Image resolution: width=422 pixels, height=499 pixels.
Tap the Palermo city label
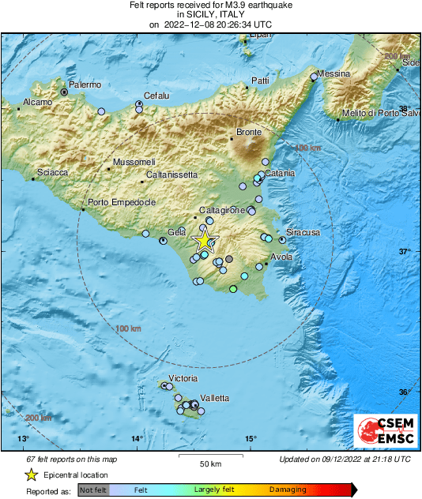click(x=85, y=84)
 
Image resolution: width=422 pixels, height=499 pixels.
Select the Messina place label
click(x=333, y=73)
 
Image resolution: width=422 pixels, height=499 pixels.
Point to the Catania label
click(x=279, y=173)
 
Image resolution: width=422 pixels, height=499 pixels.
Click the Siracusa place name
click(x=303, y=233)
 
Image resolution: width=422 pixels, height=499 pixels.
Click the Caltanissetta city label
click(x=171, y=174)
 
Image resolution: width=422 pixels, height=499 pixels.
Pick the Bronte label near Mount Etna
click(x=249, y=133)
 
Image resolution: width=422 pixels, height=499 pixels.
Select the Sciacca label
click(x=52, y=173)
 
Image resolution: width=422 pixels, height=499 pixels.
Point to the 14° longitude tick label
click(x=137, y=439)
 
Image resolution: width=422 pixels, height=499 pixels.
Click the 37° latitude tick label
click(x=404, y=252)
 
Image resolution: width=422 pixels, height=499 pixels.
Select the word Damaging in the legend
click(x=288, y=490)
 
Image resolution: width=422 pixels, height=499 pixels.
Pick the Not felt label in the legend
click(x=94, y=490)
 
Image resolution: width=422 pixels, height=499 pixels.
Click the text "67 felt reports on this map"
click(x=71, y=459)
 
